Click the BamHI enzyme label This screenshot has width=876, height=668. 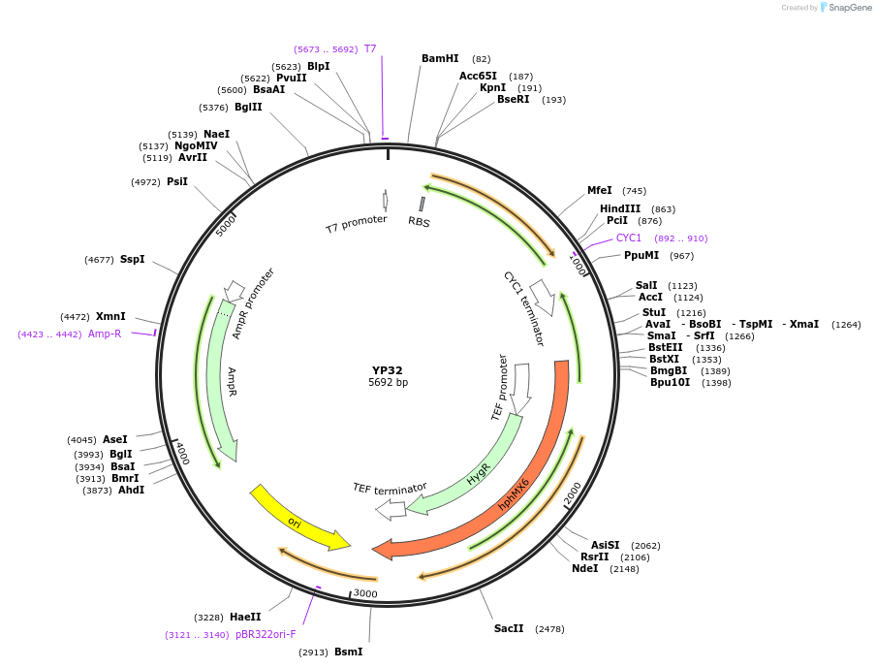440,59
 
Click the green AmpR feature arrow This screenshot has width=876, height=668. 221,378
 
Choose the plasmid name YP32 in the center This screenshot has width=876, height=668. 388,370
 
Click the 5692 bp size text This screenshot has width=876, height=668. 388,383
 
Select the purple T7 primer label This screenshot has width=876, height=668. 370,48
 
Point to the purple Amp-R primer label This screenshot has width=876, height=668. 105,334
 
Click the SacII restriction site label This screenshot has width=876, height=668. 509,629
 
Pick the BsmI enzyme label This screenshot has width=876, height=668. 348,652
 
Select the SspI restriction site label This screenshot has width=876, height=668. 132,260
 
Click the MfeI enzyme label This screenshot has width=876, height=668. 600,191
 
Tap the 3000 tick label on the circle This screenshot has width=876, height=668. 365,593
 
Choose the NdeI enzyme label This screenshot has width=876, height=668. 585,569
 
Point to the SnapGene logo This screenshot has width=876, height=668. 845,8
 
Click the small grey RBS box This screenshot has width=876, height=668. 422,204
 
